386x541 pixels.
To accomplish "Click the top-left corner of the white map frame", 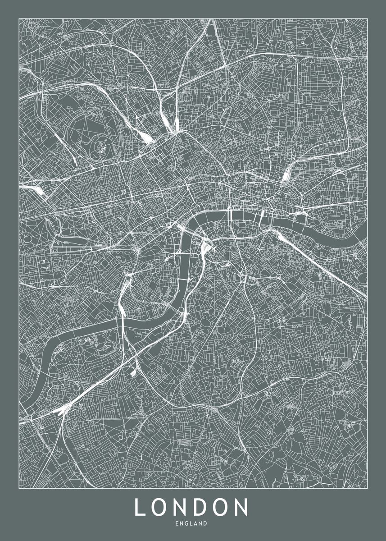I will (19, 18).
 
